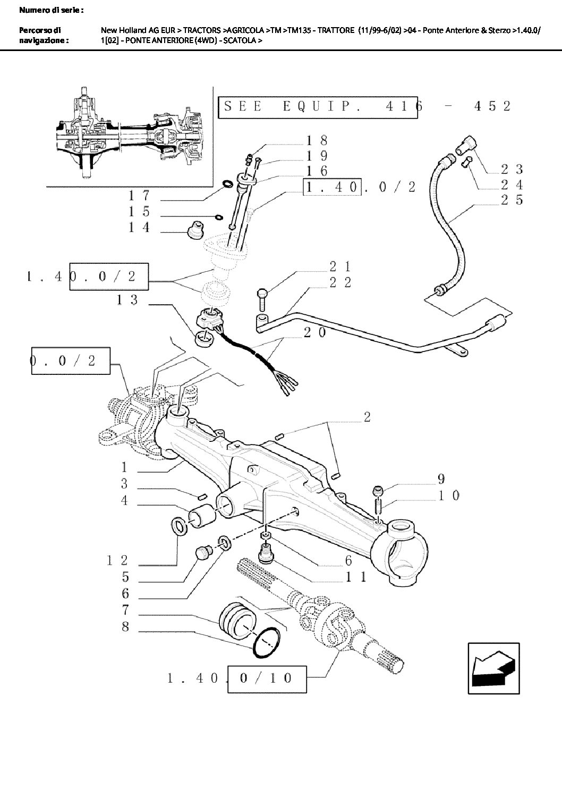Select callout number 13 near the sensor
click(127, 300)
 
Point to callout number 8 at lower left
click(125, 626)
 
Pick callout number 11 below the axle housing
click(355, 576)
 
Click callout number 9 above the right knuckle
click(440, 479)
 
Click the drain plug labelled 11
click(266, 554)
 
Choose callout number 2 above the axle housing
click(367, 417)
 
